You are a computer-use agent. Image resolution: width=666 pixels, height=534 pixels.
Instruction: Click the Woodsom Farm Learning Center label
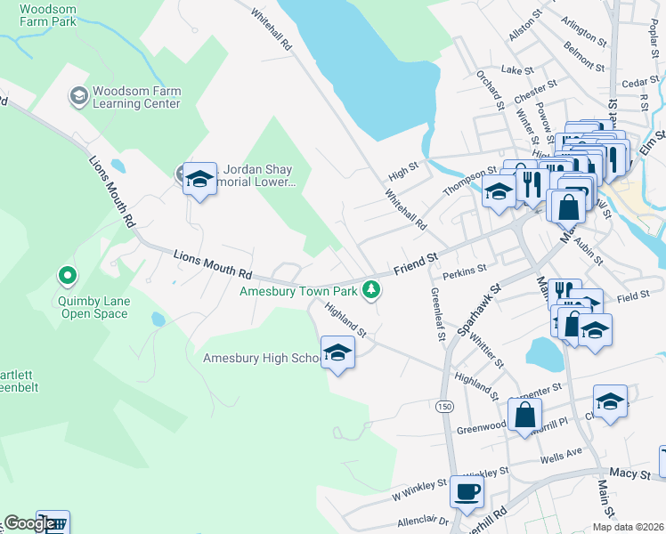point(136,97)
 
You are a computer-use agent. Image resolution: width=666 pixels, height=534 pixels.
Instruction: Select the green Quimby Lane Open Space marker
point(66,277)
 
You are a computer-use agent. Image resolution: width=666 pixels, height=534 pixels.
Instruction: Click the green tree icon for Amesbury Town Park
point(370,289)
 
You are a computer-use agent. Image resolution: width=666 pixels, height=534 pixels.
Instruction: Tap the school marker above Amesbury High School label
point(337,352)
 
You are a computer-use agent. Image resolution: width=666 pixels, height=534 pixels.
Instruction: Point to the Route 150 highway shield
point(443,406)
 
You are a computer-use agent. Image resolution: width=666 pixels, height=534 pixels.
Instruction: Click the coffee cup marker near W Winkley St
point(467,491)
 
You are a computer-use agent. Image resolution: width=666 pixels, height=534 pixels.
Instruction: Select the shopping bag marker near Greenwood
point(525,414)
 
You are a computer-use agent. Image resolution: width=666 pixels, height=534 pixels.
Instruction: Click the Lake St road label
point(516,69)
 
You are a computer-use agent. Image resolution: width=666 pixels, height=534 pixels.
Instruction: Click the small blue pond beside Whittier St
point(544,353)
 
